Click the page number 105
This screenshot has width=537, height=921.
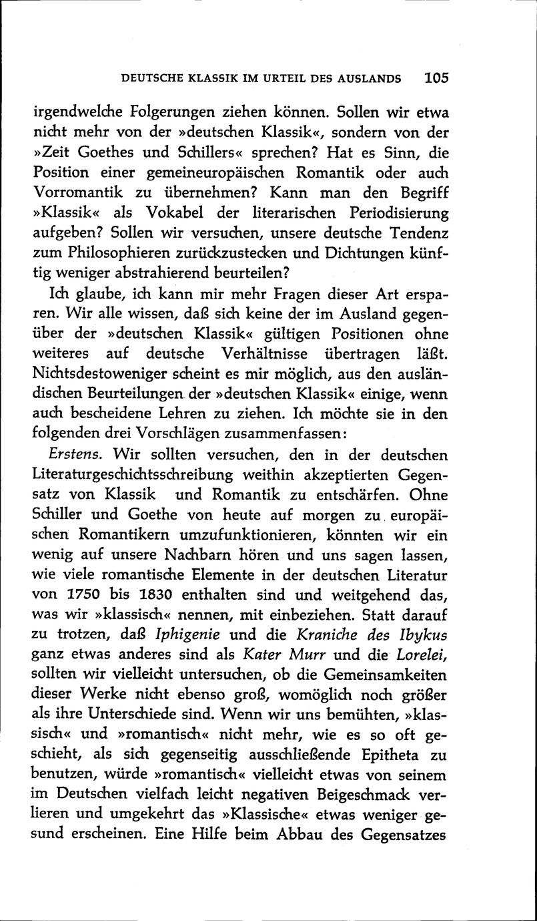pos(436,77)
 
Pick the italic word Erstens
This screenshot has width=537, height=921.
pos(75,454)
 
